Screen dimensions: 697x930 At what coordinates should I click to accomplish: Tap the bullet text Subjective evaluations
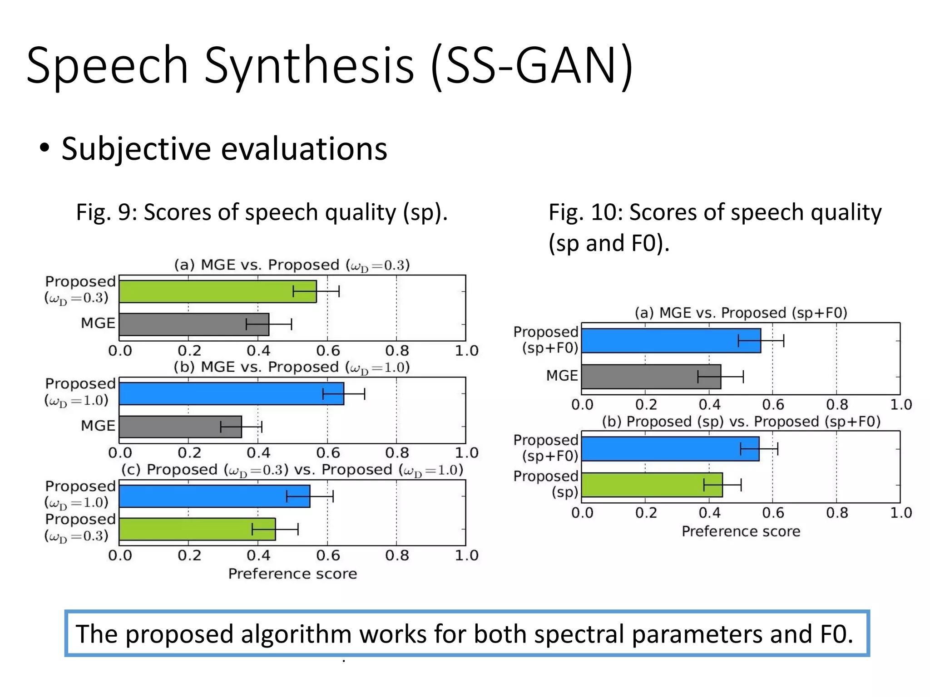(224, 149)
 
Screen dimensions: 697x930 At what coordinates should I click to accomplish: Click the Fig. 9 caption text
(262, 212)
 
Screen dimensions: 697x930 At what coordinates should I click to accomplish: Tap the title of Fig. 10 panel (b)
(741, 422)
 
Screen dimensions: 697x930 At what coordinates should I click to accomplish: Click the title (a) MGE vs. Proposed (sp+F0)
(741, 313)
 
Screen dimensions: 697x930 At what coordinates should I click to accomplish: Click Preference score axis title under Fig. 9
(292, 574)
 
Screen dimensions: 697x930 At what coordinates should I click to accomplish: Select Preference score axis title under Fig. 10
(741, 531)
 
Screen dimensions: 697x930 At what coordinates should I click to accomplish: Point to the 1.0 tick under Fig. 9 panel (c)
(466, 555)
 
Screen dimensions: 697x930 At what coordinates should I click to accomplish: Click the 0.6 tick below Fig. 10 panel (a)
(773, 404)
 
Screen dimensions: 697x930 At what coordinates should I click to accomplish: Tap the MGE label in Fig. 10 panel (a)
(562, 376)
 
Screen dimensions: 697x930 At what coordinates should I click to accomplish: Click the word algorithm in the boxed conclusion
(296, 634)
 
